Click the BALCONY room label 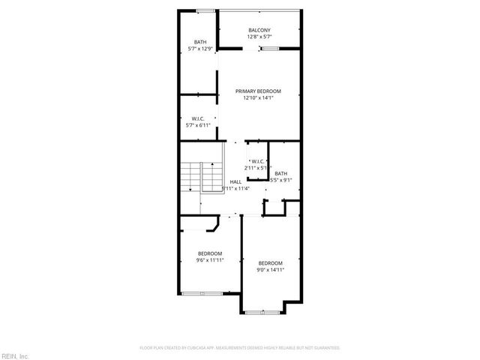[x=259, y=29]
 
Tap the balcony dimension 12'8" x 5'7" [x=259, y=36]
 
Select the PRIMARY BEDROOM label [x=258, y=91]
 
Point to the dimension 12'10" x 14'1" [x=258, y=97]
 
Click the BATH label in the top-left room [x=199, y=42]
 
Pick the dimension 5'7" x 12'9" [x=199, y=49]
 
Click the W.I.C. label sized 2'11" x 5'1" [x=256, y=161]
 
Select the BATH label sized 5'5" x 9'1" [x=280, y=173]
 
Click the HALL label [x=235, y=182]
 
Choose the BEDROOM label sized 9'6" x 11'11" [x=210, y=253]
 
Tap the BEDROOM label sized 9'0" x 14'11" [x=270, y=262]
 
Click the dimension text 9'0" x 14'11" [x=270, y=269]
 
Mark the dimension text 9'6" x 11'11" [x=210, y=260]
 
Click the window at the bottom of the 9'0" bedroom [x=262, y=310]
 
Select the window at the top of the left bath [x=204, y=10]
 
